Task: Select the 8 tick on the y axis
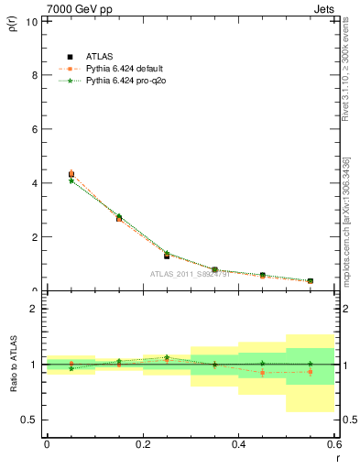(x=35, y=74)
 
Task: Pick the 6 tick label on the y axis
(x=35, y=128)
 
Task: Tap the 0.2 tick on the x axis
(x=142, y=444)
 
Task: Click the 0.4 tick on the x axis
(x=238, y=444)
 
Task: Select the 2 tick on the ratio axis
(x=35, y=309)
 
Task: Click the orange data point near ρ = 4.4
(x=71, y=173)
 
